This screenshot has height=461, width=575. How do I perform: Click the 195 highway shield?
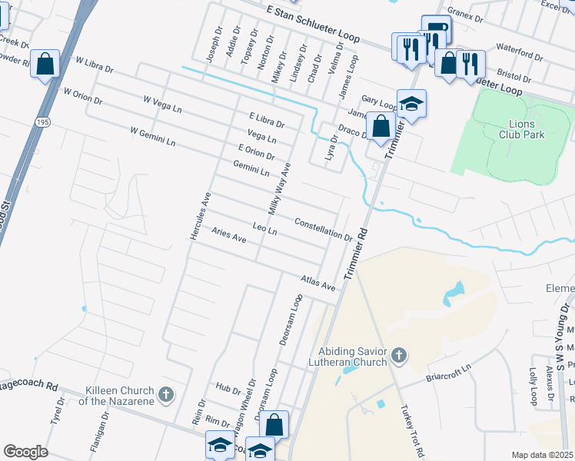(x=42, y=122)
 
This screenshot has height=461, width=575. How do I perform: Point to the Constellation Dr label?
(x=323, y=229)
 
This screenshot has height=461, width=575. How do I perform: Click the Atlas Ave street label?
(x=318, y=282)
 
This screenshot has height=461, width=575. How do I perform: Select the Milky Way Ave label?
(x=278, y=188)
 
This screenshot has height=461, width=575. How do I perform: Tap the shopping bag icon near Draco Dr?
(x=380, y=124)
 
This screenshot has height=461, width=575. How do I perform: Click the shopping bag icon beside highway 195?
(x=45, y=64)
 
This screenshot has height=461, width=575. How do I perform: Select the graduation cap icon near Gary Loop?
(x=411, y=103)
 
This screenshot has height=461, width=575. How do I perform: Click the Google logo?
(x=25, y=451)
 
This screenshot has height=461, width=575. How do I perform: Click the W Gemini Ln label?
(x=153, y=138)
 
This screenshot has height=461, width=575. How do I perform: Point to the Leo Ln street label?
(x=264, y=229)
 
